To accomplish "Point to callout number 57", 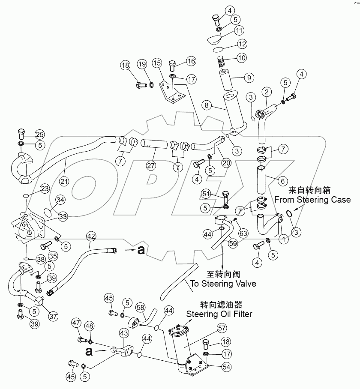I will (222, 329).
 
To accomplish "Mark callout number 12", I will (243, 44).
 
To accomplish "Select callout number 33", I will (62, 217).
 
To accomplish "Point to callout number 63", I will (243, 233).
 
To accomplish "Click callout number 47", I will (75, 324).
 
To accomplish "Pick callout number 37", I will (54, 316).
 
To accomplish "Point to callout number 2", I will (266, 92).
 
